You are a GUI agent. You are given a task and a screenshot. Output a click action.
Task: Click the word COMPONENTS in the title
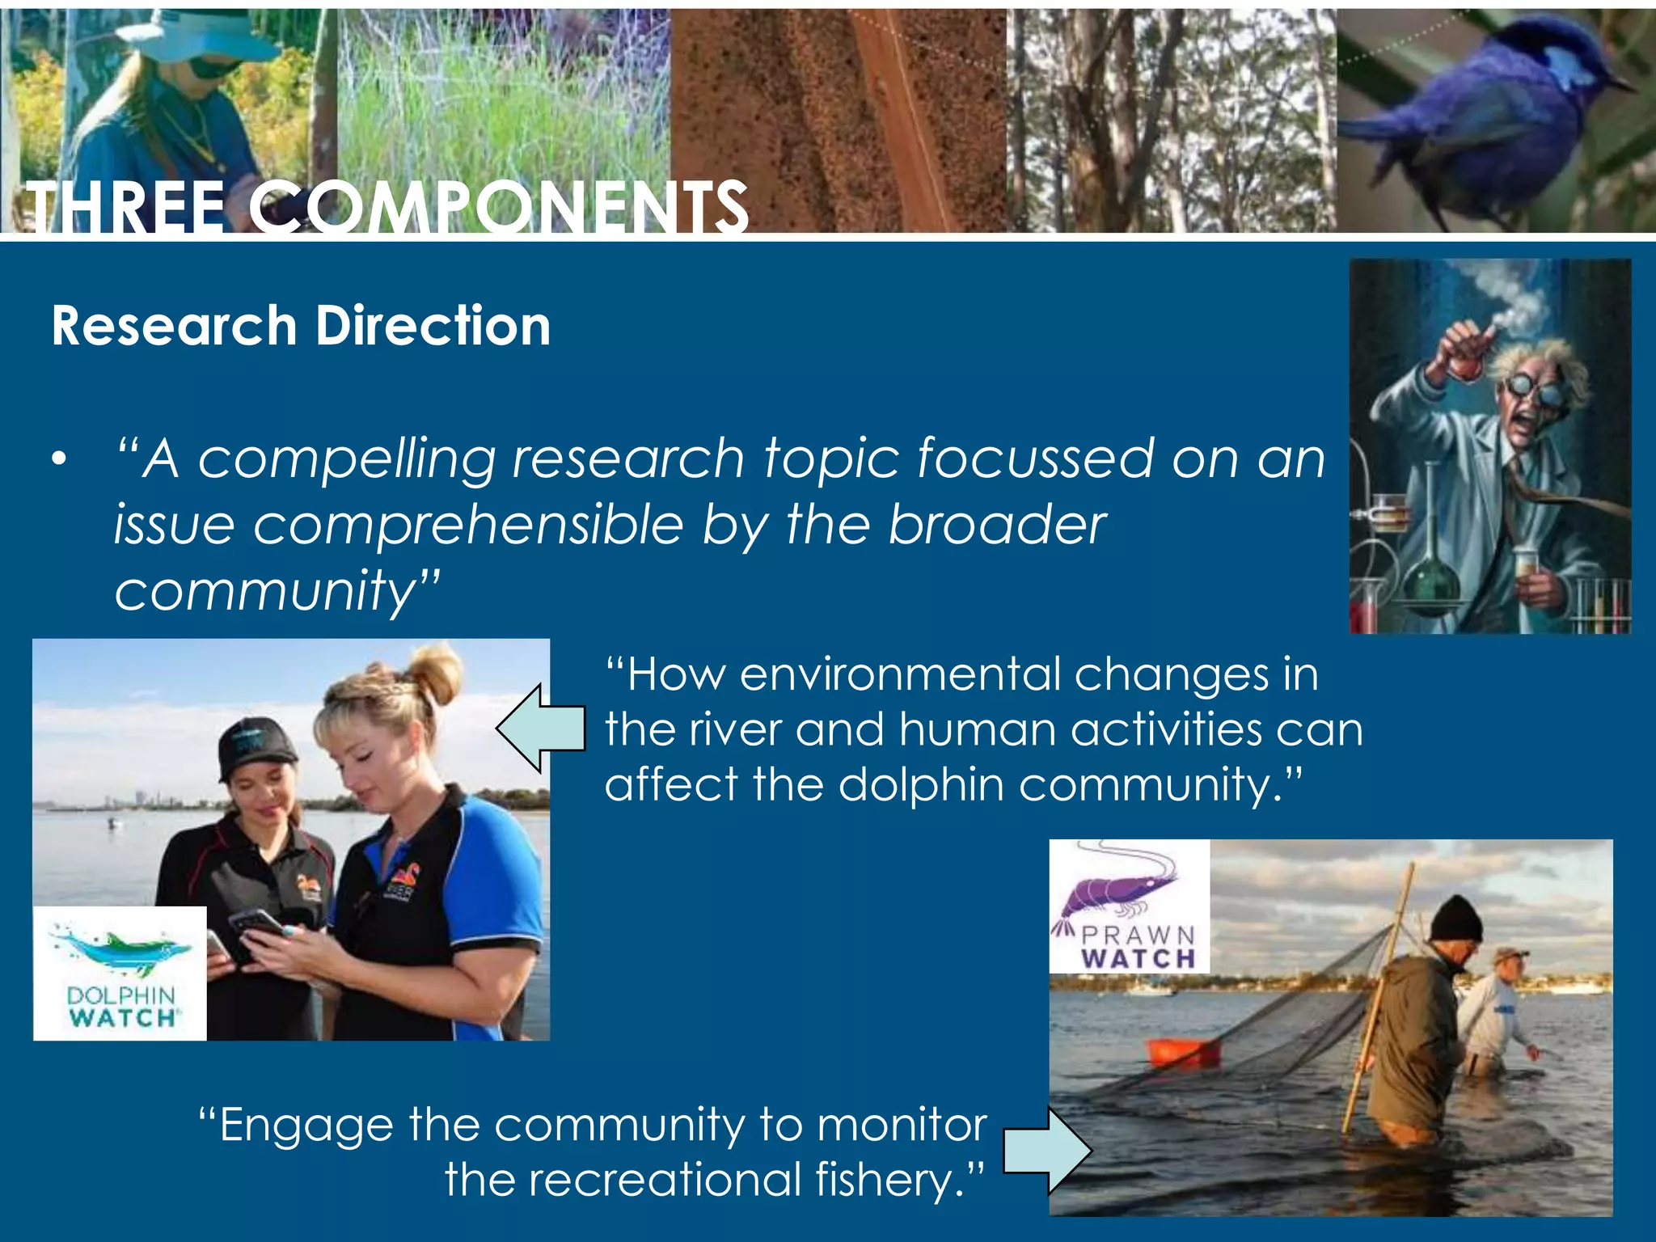click(497, 209)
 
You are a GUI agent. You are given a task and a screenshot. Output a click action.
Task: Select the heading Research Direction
click(301, 326)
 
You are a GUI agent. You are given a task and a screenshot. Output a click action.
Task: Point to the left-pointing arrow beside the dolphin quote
click(540, 728)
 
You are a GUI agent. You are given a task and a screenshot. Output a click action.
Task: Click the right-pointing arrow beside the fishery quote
click(1047, 1151)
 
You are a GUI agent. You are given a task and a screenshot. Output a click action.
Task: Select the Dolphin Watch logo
click(120, 974)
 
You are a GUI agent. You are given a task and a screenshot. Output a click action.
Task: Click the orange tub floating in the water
click(1183, 1052)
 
